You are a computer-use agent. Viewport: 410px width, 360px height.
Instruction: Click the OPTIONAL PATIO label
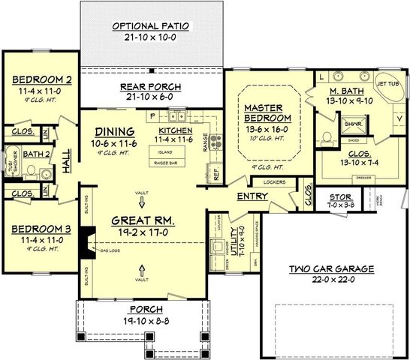click(x=151, y=25)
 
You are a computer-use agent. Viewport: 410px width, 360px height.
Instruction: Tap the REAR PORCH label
click(x=152, y=86)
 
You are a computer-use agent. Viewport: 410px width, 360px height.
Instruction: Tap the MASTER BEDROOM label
click(x=264, y=112)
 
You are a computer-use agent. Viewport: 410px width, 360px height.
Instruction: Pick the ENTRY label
click(x=252, y=196)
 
